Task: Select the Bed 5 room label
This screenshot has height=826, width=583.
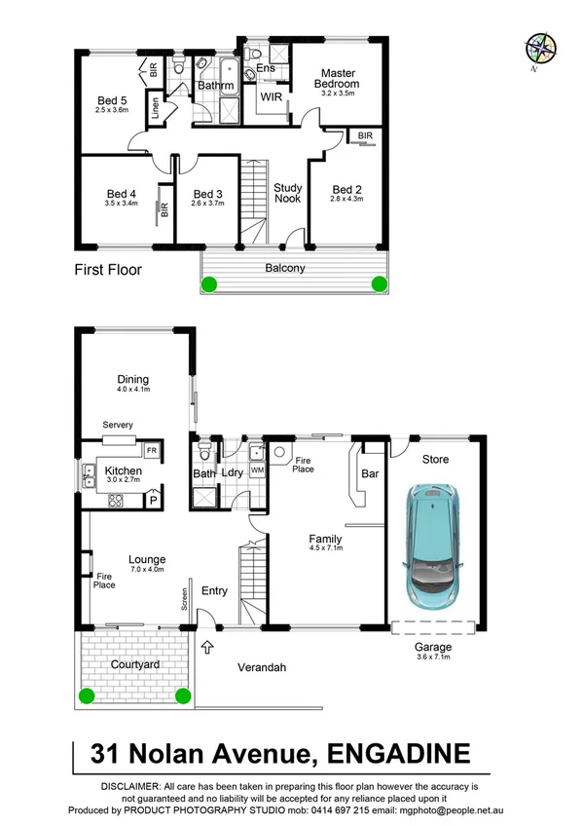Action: (112, 100)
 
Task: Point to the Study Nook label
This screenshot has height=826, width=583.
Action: (287, 192)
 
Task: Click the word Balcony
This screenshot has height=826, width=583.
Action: (285, 268)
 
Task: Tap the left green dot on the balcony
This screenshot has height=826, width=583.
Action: (208, 284)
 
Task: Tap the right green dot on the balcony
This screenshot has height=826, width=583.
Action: (380, 283)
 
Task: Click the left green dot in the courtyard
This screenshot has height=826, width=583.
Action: (87, 695)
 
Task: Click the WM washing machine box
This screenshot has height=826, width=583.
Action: (257, 469)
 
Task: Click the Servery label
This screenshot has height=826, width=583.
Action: (118, 426)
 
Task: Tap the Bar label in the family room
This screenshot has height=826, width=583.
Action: (369, 474)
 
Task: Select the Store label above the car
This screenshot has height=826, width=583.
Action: (435, 459)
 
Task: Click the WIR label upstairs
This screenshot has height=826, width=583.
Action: (271, 96)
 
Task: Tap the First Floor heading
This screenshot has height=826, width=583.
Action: (108, 269)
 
